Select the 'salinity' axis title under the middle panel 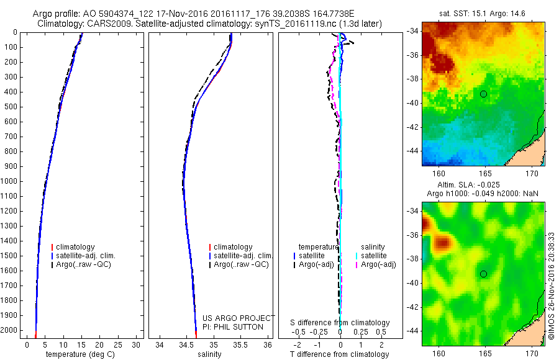[x=212, y=354]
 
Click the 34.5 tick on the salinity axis [x=186, y=344]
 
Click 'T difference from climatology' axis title [x=340, y=354]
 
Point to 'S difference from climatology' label [x=340, y=323]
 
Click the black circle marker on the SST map [x=483, y=94]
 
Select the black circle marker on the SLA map [x=483, y=274]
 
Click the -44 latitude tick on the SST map [x=412, y=151]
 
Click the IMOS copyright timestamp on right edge [x=552, y=286]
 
